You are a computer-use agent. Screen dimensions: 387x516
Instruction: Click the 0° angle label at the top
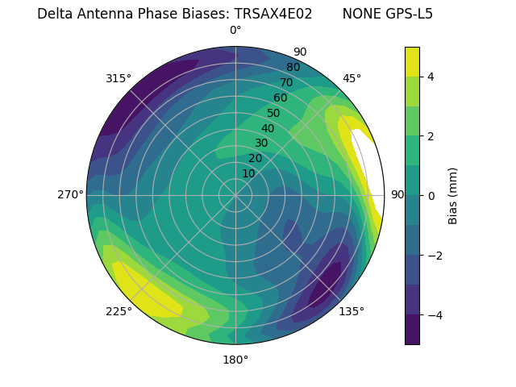pos(235,31)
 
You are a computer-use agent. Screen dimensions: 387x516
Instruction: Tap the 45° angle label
pos(352,78)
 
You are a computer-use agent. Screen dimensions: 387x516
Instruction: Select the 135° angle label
pos(352,311)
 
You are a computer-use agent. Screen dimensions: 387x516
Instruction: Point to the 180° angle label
pos(235,360)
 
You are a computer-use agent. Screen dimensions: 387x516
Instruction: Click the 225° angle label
pos(119,311)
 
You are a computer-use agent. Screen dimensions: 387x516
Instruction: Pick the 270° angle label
pos(70,194)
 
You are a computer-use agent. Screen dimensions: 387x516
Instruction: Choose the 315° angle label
pos(119,78)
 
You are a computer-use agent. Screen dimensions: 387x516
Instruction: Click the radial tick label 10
pos(248,173)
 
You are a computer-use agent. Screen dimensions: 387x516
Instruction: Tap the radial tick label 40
pos(268,128)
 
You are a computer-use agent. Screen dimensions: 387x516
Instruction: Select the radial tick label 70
pos(286,82)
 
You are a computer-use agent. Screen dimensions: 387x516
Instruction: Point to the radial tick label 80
pos(293,67)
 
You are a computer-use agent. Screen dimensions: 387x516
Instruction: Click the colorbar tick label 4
pos(431,77)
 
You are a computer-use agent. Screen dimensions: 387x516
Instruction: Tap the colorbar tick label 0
pos(431,196)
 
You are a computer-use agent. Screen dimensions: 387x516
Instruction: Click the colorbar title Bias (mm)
pos(453,196)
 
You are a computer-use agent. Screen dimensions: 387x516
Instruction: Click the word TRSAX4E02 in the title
pos(273,14)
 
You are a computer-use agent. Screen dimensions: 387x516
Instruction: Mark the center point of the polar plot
pos(235,195)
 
